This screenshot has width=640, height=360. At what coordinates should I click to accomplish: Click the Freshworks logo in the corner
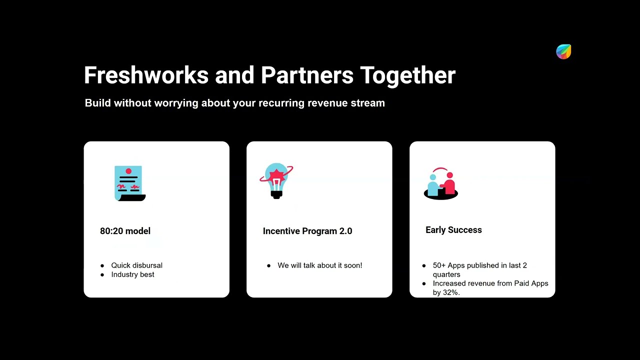(563, 51)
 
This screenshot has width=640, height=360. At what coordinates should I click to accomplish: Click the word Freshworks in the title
(146, 75)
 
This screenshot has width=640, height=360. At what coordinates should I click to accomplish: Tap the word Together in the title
(407, 75)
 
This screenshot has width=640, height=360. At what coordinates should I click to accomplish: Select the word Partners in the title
(307, 75)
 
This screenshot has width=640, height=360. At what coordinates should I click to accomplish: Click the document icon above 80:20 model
(130, 183)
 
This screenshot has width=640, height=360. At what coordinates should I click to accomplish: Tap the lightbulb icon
(276, 181)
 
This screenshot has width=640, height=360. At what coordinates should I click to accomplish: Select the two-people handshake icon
(441, 183)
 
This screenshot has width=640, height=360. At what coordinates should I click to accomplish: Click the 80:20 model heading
(125, 231)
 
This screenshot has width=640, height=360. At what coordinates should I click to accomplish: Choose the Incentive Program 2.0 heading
(307, 231)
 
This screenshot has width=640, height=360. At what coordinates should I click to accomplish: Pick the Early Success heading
(453, 230)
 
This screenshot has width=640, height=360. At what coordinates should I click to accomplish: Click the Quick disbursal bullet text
(137, 265)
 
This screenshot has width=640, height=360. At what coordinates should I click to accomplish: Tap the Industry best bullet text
(132, 274)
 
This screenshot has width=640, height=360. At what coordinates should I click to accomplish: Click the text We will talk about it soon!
(319, 265)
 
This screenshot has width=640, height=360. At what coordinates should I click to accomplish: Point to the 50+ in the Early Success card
(439, 265)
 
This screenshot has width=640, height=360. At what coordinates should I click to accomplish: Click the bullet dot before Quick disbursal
(102, 265)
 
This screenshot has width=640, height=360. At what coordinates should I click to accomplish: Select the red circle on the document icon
(128, 171)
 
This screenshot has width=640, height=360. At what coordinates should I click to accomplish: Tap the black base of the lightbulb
(276, 195)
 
